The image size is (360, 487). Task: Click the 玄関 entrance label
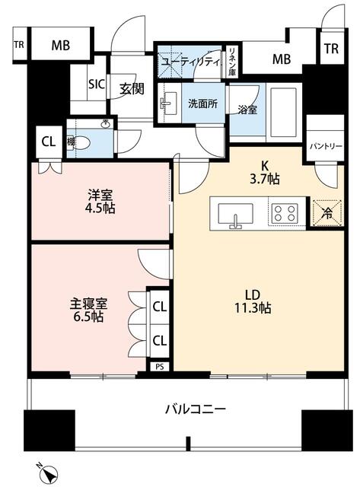click(x=132, y=89)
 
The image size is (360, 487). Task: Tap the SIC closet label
click(x=97, y=84)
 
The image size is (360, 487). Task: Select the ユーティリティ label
click(x=190, y=59)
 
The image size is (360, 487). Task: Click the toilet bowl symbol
click(x=84, y=142)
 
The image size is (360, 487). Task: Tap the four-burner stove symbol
click(x=286, y=213)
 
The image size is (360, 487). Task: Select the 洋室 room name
click(x=100, y=195)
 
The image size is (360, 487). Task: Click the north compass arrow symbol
click(x=49, y=473)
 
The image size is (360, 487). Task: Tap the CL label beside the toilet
click(x=48, y=141)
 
